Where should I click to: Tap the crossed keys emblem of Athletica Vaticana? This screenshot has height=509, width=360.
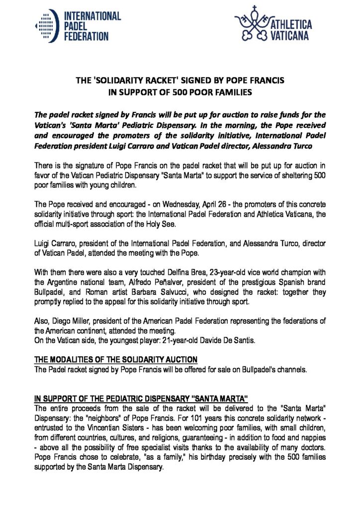252,26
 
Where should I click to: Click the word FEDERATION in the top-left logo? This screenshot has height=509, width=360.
86,36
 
